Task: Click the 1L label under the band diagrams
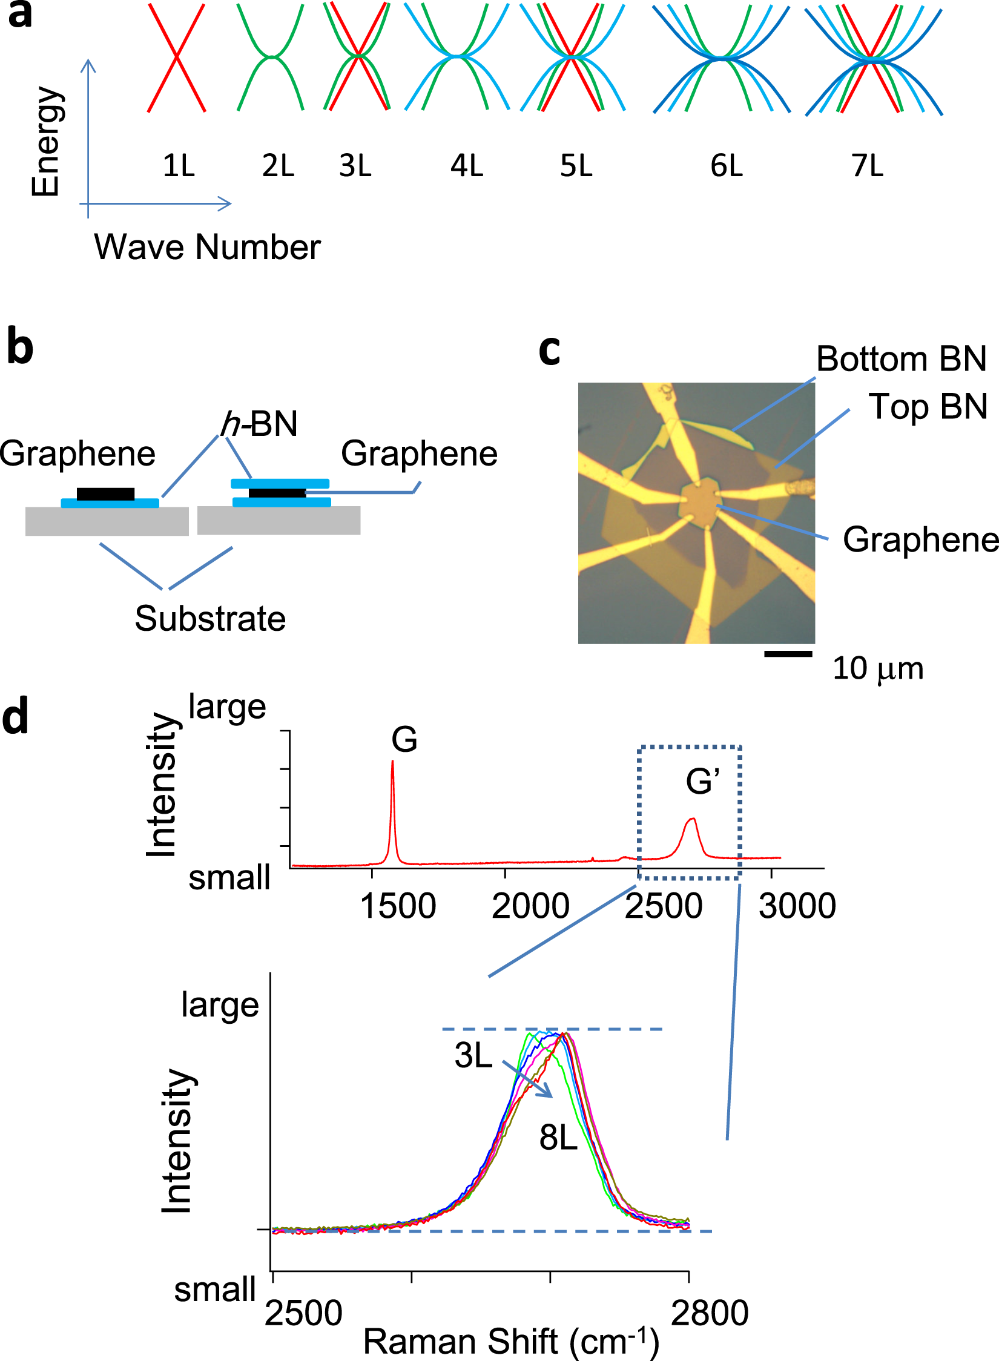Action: (179, 165)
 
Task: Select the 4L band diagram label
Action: (466, 165)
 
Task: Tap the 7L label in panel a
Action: (867, 165)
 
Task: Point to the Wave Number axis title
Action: (207, 247)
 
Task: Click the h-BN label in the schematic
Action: (260, 423)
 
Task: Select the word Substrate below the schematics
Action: (210, 618)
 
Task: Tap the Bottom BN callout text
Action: (902, 358)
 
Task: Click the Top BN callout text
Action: (928, 406)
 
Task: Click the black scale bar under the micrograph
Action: (788, 653)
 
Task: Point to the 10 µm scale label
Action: (878, 668)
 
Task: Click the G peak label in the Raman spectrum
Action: (404, 739)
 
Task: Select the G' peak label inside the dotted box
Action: (702, 781)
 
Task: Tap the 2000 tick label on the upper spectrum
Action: (530, 906)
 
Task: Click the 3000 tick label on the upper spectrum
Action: (797, 906)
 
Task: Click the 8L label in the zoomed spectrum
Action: (558, 1138)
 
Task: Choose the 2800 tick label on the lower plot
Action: (710, 1313)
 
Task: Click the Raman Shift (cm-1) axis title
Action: (511, 1341)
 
